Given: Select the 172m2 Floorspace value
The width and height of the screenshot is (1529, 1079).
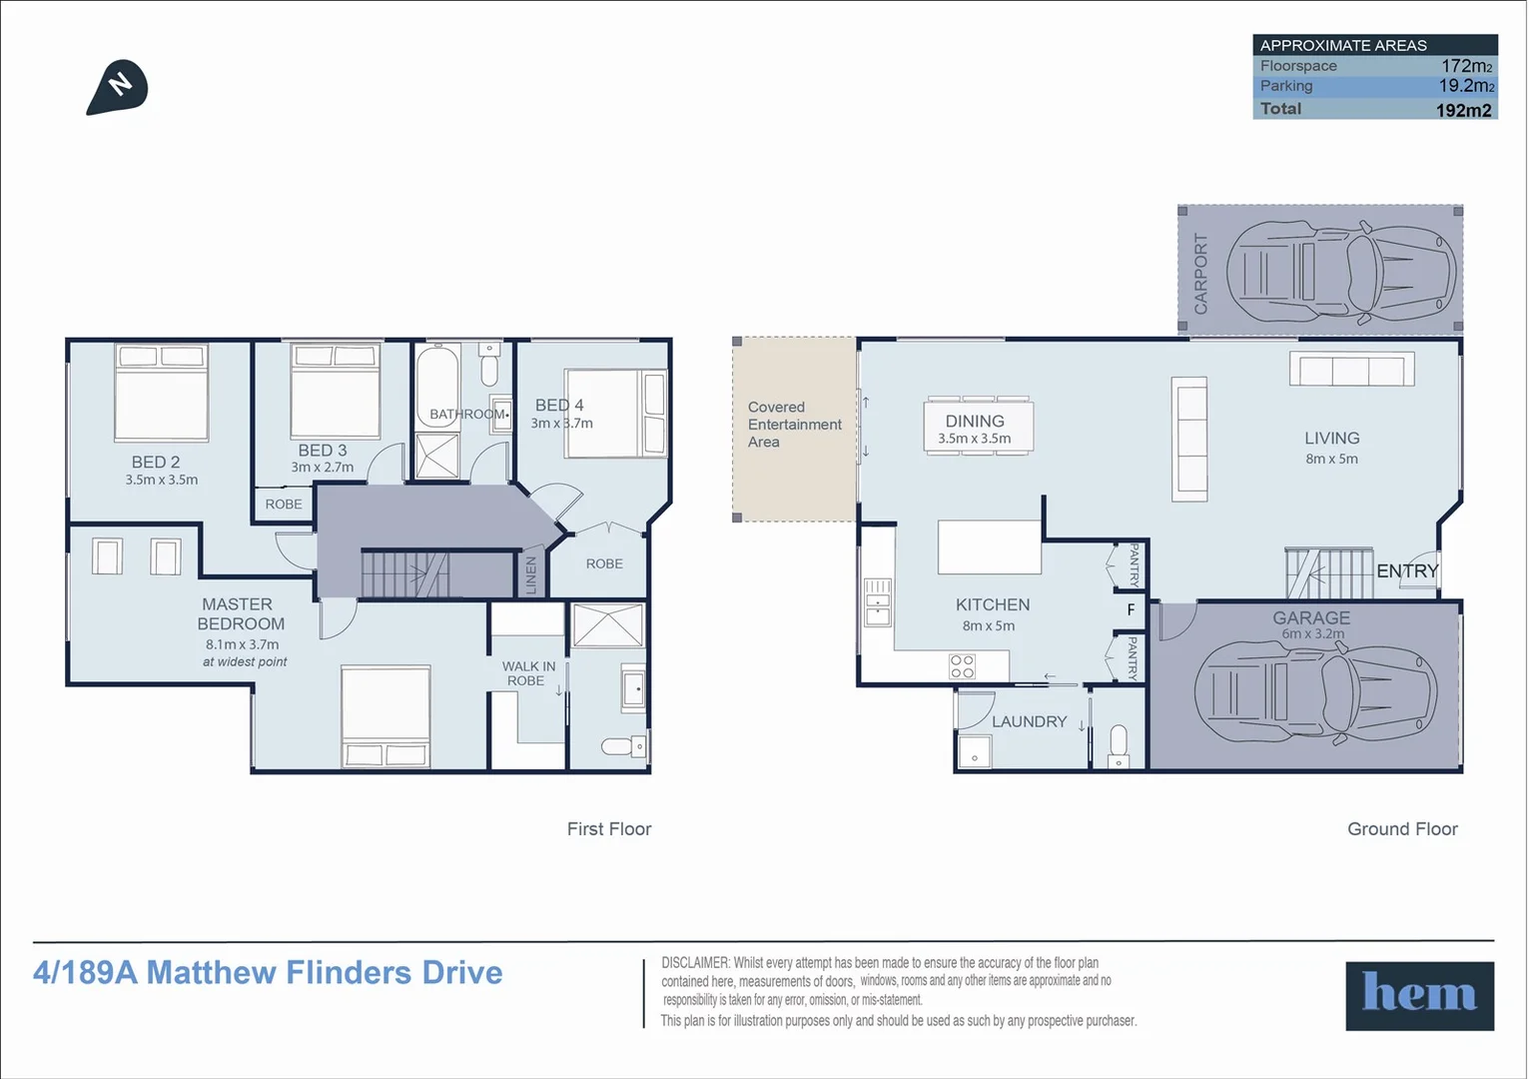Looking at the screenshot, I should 1466,66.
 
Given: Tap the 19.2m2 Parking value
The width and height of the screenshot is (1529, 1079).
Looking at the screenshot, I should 1465,86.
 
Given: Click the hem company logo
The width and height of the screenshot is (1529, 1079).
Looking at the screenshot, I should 1419,995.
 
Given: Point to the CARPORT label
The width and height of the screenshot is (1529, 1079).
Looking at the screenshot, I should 1200,274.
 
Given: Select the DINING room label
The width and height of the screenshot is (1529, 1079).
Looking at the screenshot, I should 975,422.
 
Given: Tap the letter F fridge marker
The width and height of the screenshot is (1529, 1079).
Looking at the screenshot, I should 1131,609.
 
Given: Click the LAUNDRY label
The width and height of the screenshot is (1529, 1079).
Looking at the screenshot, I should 1029,721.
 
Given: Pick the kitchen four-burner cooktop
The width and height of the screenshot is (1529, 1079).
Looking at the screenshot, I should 962,666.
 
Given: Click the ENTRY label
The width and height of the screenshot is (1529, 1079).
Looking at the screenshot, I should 1406,571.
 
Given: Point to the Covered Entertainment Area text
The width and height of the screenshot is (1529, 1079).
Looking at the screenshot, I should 794,425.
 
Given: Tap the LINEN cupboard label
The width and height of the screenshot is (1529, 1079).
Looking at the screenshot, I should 531,575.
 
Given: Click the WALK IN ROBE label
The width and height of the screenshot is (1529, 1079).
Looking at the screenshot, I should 527,673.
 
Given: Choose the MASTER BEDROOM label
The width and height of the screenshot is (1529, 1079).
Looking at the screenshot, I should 240,613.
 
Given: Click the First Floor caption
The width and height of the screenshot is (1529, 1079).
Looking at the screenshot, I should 608,829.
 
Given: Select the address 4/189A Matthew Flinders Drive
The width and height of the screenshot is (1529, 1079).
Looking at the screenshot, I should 268,973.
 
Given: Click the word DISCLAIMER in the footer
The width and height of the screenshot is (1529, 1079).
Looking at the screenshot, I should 695,963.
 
